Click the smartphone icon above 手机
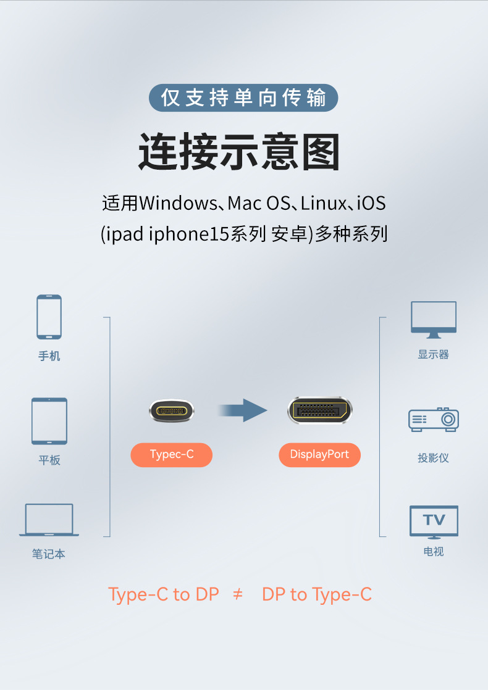(49, 317)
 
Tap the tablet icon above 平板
(49, 421)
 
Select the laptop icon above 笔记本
(49, 520)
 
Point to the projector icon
(434, 419)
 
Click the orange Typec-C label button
(172, 455)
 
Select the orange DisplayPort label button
(319, 455)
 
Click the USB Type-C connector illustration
(172, 410)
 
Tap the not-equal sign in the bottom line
(238, 594)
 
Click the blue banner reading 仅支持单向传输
(243, 98)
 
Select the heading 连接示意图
(239, 151)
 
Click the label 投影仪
(433, 458)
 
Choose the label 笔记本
(49, 554)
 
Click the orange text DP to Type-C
(317, 594)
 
